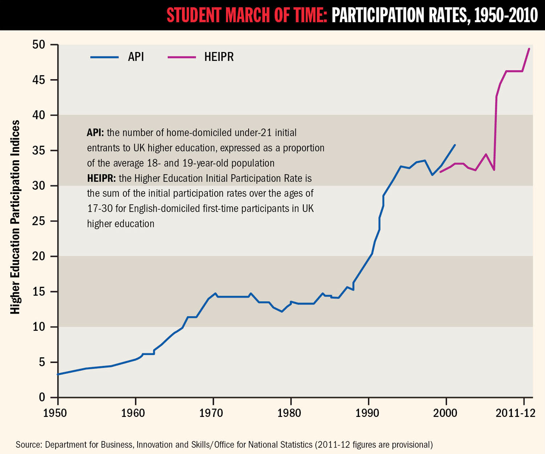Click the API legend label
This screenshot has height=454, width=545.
pos(136,57)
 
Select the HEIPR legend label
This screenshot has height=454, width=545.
pos(219,57)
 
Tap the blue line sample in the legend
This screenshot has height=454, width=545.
pos(104,57)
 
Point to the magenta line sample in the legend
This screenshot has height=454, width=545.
pos(182,57)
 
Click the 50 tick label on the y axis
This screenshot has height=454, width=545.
pos(39,45)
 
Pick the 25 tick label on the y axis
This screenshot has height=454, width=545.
pos(39,221)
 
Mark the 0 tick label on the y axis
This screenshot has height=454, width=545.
pos(42,397)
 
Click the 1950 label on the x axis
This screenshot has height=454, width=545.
pos(55,413)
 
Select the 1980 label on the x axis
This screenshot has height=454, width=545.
pos(289,413)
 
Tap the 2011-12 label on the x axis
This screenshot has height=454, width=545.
pos(516,413)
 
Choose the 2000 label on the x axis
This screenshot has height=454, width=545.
pos(445,413)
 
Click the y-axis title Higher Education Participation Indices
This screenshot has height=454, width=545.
pos(15,217)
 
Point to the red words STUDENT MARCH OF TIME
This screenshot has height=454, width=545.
pos(247,15)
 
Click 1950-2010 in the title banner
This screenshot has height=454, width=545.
pos(506,15)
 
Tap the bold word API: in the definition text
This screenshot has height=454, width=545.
pos(95,133)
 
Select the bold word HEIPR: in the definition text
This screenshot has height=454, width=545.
pos(101,178)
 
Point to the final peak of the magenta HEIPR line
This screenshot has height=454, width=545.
pos(529,49)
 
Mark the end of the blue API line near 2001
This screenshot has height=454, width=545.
pos(455,145)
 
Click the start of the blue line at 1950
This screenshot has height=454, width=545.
pos(58,374)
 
